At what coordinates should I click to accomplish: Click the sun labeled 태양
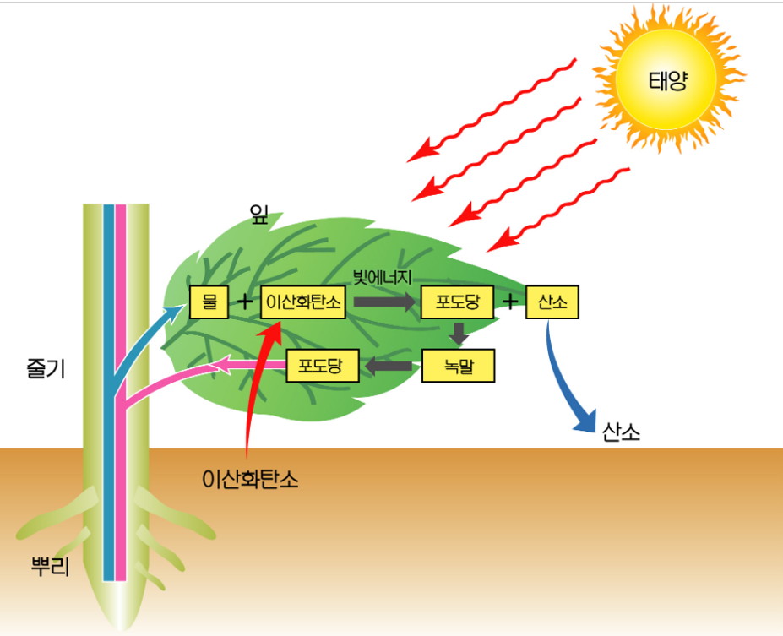pos(666,82)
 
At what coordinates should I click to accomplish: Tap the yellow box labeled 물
pos(209,302)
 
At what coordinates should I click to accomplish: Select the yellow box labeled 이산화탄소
pos(302,302)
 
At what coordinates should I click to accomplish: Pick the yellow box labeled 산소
pos(552,302)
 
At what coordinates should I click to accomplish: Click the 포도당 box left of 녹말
pos(324,367)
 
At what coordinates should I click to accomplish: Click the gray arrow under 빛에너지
pos(385,301)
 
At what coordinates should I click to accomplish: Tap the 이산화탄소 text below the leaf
pos(251,479)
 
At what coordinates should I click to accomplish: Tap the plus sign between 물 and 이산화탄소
pos(245,302)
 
